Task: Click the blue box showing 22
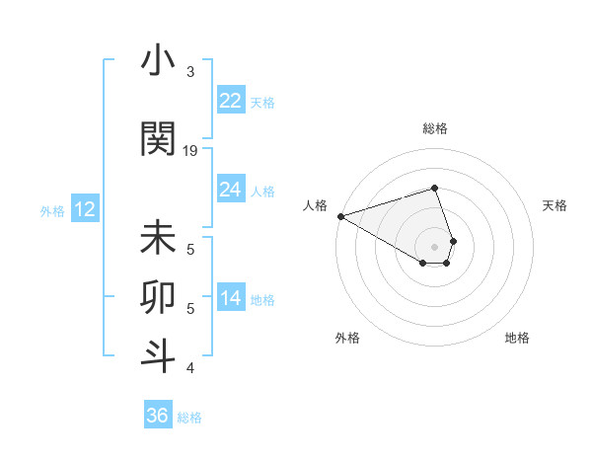pos(231,101)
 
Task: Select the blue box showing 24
pos(231,190)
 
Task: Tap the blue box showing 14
pos(231,299)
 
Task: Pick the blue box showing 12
pos(85,209)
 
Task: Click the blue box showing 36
pos(158,416)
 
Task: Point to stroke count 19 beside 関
pos(190,151)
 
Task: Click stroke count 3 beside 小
pos(190,72)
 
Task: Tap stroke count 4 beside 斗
pos(190,368)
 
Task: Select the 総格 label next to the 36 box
pos(189,418)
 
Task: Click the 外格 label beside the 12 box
pos(52,210)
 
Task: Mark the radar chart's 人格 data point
pos(339,216)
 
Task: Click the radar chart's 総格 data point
pos(434,188)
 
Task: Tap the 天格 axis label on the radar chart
pos(555,205)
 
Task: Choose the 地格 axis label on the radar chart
pos(517,338)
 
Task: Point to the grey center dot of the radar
pos(434,246)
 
